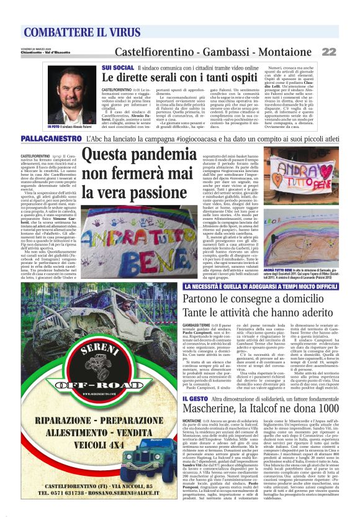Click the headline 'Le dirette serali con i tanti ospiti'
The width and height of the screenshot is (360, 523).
[x=180, y=78]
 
